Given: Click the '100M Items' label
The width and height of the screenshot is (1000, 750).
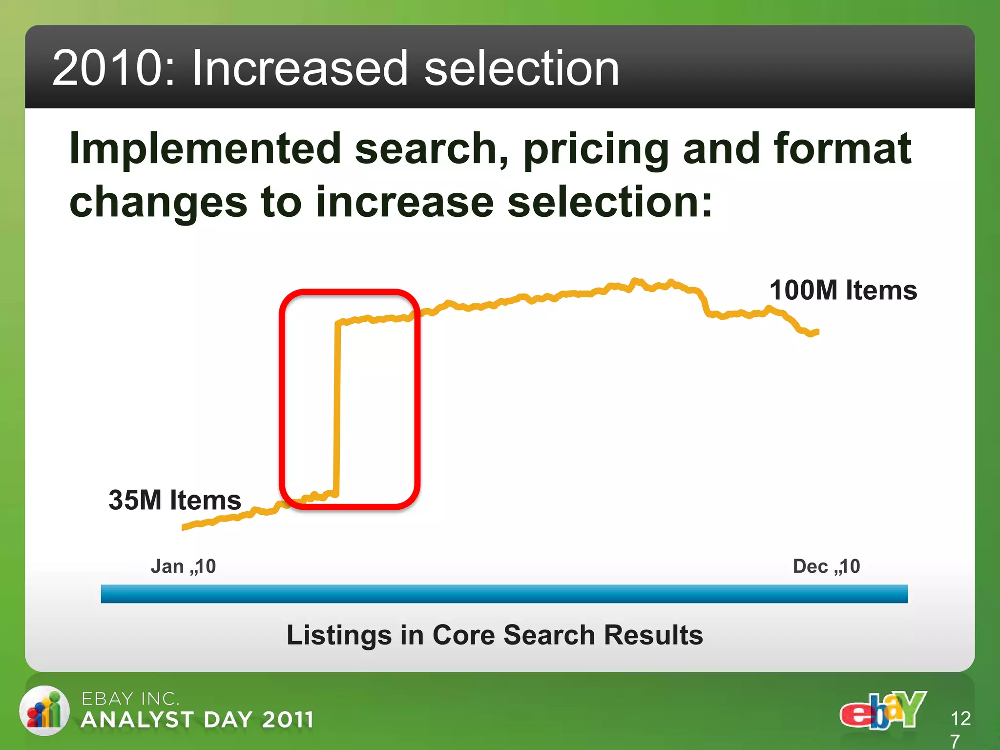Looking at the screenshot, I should (843, 290).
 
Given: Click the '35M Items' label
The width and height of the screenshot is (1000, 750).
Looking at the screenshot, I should (175, 500).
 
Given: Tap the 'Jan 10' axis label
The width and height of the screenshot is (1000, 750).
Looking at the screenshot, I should (183, 566).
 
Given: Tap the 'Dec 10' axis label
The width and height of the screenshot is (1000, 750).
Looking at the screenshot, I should (826, 566).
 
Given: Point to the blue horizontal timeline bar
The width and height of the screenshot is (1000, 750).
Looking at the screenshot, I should (504, 594).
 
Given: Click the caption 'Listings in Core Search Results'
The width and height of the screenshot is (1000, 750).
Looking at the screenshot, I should (495, 635).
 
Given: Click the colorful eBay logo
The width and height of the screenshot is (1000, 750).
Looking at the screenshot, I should (883, 710).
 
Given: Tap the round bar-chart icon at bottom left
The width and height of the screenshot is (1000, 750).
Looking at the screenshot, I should (44, 710).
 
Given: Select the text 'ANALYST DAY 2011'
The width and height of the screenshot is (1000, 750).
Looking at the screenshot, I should (197, 720).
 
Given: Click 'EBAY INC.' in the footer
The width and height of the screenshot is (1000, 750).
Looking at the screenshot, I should (130, 699).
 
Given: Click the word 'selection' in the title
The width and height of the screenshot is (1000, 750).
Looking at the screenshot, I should (521, 68).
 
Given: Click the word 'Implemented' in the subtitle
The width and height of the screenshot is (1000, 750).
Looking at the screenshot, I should (205, 148).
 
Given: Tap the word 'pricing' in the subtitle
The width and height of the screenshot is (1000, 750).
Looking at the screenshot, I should (596, 149).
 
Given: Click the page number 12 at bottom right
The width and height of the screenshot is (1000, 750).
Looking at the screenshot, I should (960, 718).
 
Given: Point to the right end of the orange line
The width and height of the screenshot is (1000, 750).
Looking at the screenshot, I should (817, 332).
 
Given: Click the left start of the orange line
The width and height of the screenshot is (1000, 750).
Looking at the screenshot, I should (184, 527).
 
